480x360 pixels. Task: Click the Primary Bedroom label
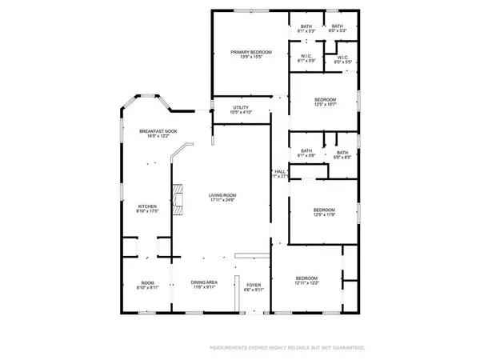251,53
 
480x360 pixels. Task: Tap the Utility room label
241,107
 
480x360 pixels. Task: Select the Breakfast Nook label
153,130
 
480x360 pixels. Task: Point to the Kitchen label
146,206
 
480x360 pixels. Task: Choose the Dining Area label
204,282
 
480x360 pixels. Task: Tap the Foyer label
254,282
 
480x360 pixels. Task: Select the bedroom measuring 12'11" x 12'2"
306,279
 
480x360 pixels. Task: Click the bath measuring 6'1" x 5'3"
306,27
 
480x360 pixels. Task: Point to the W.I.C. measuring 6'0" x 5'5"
342,58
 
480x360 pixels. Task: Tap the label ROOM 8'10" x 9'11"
148,285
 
